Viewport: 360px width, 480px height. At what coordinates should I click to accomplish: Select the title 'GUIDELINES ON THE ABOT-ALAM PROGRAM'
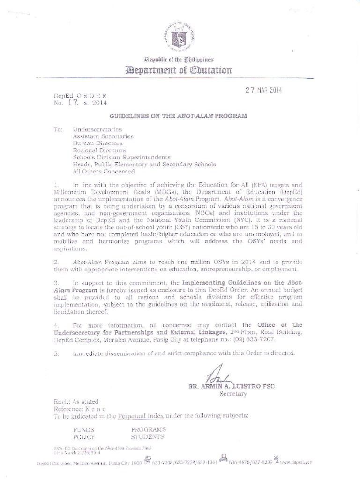[x=178, y=115]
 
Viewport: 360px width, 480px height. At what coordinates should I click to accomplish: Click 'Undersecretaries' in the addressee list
[x=97, y=129]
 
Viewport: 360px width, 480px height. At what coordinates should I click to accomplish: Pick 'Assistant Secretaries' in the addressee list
[x=103, y=136]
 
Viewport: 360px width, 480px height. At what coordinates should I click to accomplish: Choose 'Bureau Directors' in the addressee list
[x=97, y=143]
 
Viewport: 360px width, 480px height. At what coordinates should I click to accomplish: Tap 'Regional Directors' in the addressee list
[x=99, y=150]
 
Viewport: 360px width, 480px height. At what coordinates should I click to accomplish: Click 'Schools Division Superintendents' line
[x=121, y=157]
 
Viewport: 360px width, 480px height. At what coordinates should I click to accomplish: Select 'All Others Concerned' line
[x=103, y=171]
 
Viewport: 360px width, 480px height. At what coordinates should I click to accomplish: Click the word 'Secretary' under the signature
[x=233, y=394]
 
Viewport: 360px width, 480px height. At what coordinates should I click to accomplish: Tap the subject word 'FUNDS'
[x=83, y=429]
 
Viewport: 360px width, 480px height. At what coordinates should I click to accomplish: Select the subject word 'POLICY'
[x=84, y=437]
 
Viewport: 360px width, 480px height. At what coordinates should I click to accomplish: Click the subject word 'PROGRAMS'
[x=148, y=429]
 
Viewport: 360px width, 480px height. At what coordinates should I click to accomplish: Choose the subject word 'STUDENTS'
[x=147, y=437]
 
